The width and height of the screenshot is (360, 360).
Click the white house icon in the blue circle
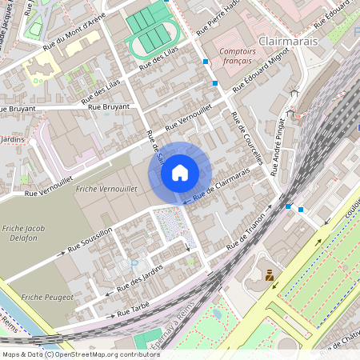pyautogui.click(x=179, y=172)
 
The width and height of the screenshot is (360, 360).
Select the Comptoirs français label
pyautogui.click(x=236, y=55)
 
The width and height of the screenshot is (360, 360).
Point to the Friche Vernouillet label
pyautogui.click(x=106, y=188)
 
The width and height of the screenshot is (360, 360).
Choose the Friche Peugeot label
pyautogui.click(x=48, y=297)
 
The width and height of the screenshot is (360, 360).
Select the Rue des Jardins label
pyautogui.click(x=134, y=278)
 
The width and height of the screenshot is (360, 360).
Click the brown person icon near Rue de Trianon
pyautogui.click(x=270, y=275)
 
